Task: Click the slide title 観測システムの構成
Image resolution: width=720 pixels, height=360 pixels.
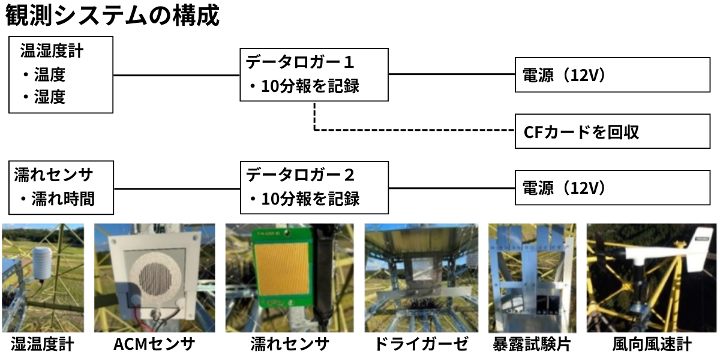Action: click(113, 16)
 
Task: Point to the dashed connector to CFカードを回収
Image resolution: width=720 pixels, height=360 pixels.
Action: click(414, 130)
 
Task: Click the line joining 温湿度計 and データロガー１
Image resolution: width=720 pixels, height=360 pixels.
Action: click(176, 75)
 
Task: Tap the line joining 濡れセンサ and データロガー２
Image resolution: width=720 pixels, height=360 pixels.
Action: click(176, 187)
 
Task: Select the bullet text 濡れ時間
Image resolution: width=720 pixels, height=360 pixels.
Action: click(63, 199)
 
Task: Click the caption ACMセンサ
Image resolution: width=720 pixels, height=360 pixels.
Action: click(154, 344)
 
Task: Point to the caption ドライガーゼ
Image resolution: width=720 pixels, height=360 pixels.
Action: click(421, 344)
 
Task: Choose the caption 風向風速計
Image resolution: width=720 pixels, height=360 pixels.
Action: click(651, 344)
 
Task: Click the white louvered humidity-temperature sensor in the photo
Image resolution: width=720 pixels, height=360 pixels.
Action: click(41, 263)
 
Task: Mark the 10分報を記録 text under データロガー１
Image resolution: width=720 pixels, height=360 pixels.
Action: click(310, 86)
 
